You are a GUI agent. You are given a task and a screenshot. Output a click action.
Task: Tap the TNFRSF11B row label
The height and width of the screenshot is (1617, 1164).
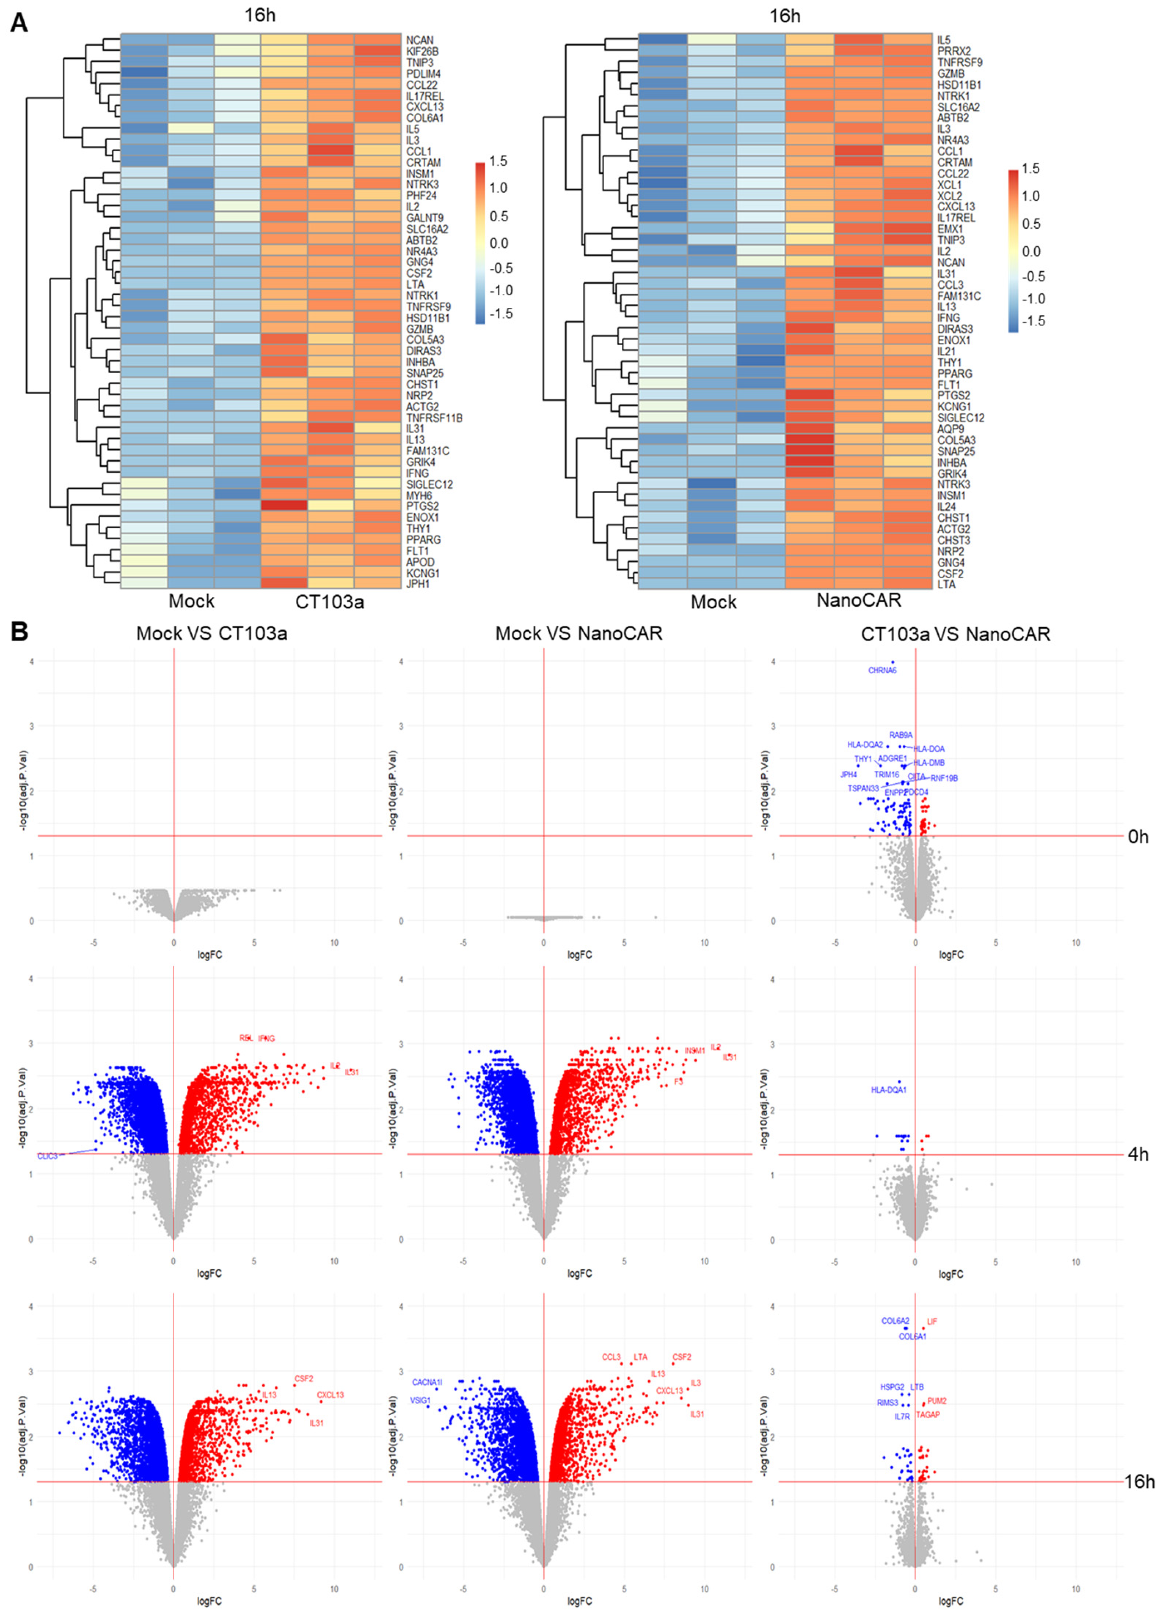tap(434, 418)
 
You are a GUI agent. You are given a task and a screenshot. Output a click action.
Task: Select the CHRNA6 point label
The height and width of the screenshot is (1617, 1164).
tap(882, 670)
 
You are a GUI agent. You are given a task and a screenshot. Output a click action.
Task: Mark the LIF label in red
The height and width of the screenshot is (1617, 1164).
tap(932, 1321)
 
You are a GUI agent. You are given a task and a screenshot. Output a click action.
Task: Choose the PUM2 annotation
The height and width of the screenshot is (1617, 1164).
tap(936, 1401)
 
